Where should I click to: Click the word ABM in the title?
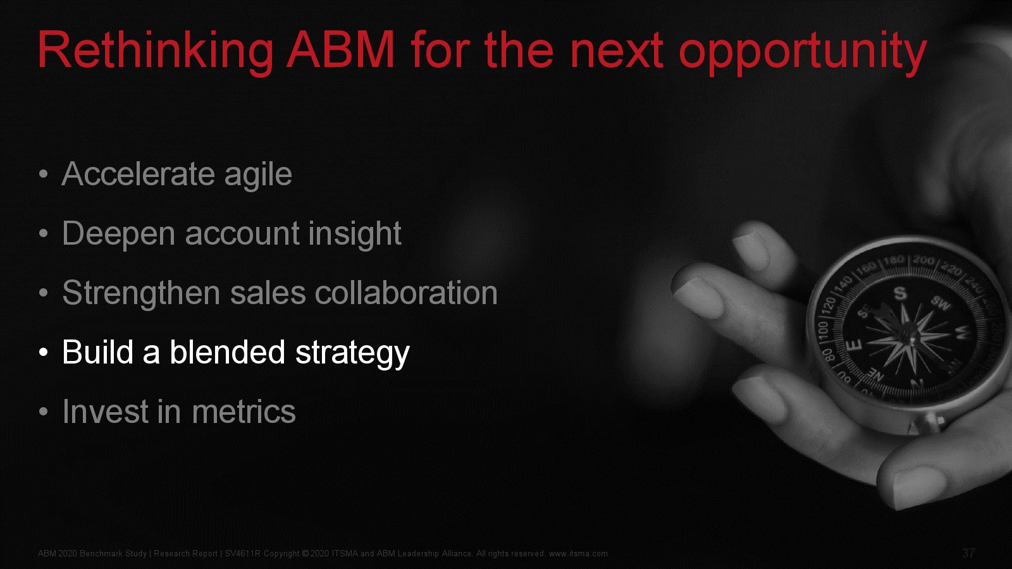pos(341,50)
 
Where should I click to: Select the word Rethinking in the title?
pos(155,52)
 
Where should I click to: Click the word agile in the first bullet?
pos(258,174)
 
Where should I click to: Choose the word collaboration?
pos(406,293)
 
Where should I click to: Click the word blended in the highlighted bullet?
pos(227,352)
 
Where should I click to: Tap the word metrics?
pos(244,412)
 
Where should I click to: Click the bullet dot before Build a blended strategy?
pos(44,352)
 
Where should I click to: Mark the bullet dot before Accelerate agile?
pos(44,174)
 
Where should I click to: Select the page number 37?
pos(968,553)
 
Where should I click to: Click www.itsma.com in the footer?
pos(578,554)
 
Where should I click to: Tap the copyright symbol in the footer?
pos(305,554)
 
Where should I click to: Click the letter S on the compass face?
pos(900,293)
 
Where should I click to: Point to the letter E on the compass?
pos(853,346)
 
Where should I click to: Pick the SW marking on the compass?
pos(941,303)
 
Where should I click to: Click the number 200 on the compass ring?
pos(923,260)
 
